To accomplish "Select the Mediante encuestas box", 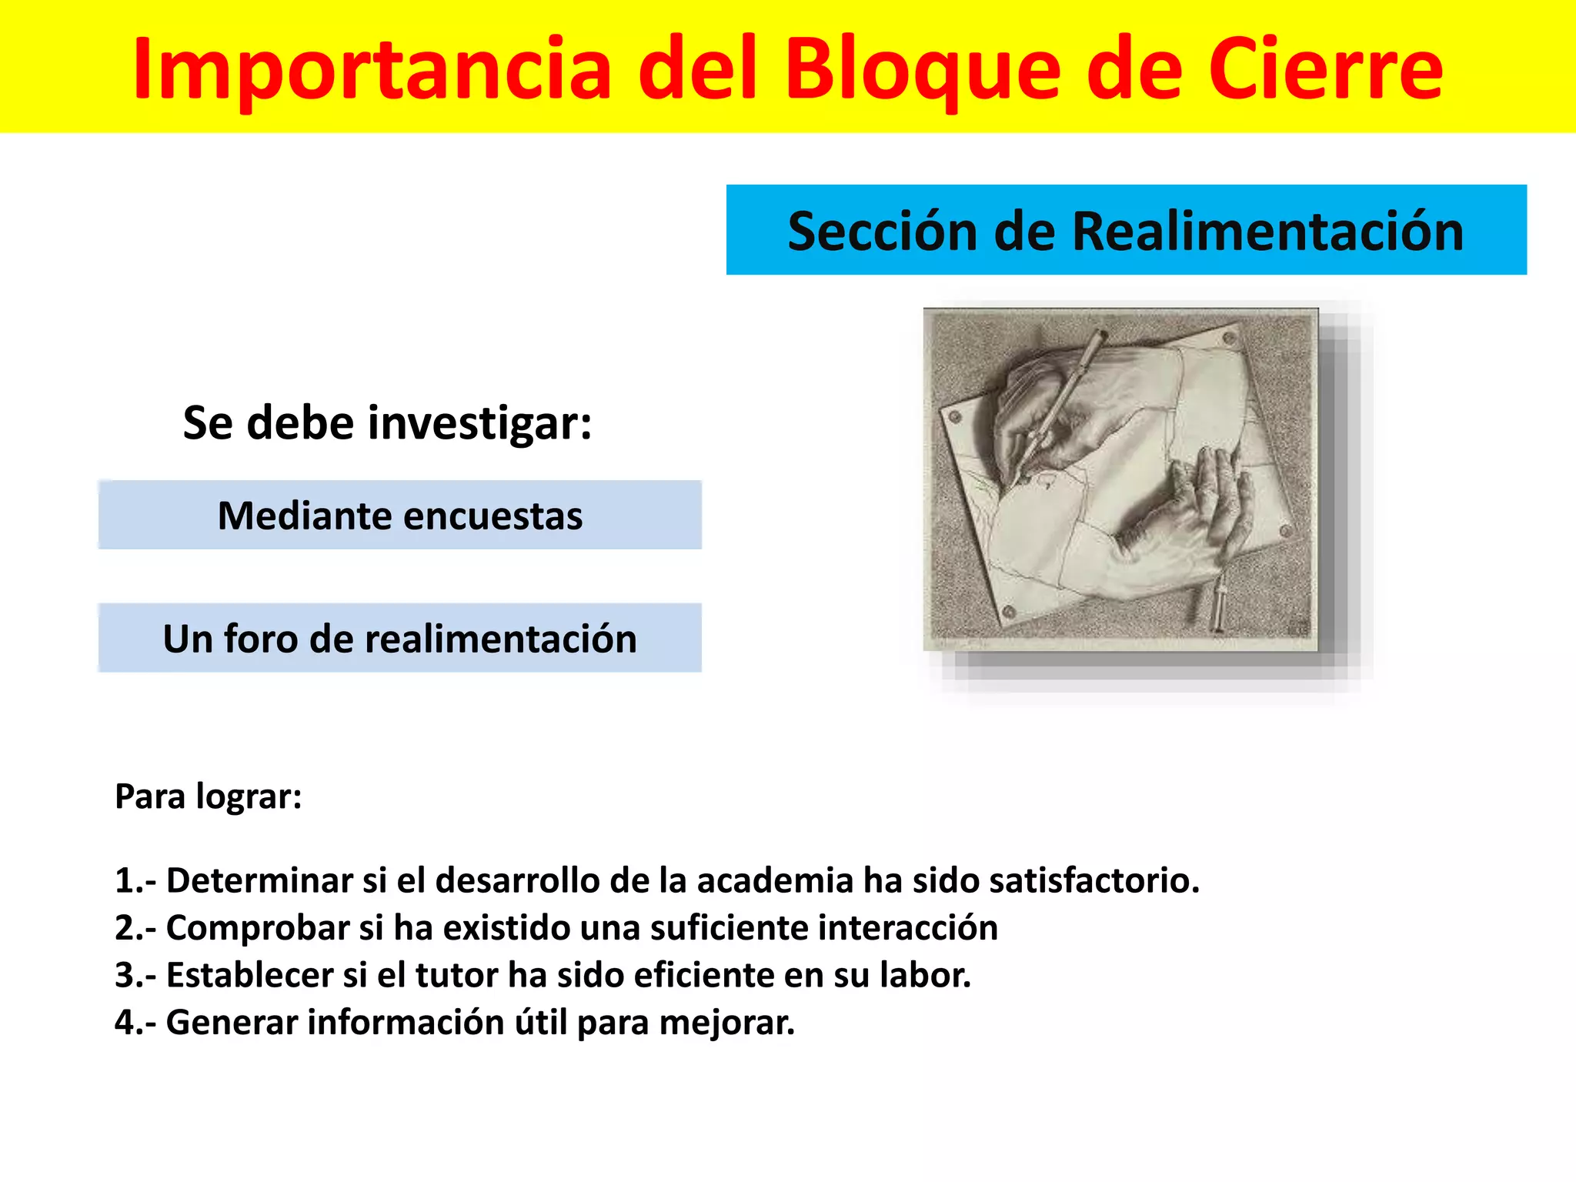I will pyautogui.click(x=400, y=516).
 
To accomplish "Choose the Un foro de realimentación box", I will pyautogui.click(x=400, y=639).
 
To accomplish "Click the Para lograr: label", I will pyautogui.click(x=209, y=796).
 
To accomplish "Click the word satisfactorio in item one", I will pyautogui.click(x=1094, y=881).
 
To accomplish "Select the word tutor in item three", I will pyautogui.click(x=457, y=976).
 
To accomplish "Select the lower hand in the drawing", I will pyautogui.click(x=1200, y=516).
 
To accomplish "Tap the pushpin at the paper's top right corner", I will pyautogui.click(x=1228, y=338).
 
